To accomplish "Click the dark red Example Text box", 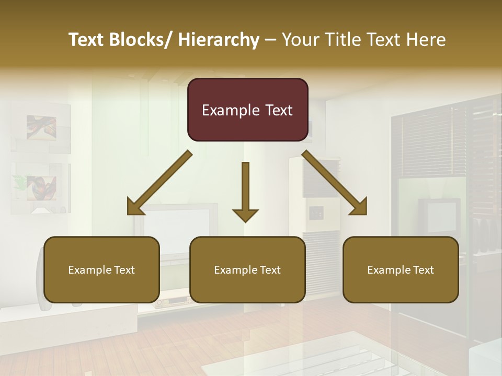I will click(247, 110).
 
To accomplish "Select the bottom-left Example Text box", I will click(101, 269).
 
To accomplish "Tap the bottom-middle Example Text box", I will click(247, 269).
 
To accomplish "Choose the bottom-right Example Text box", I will click(401, 269).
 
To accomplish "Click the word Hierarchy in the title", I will click(219, 40).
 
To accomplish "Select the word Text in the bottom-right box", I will click(423, 269).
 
